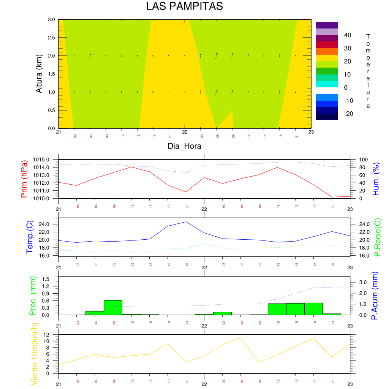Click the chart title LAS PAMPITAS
click(184, 6)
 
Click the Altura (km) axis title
click(39, 74)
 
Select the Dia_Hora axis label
click(184, 146)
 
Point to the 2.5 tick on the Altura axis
click(51, 38)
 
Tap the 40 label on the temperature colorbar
click(347, 35)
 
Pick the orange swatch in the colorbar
click(327, 51)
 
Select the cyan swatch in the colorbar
click(327, 84)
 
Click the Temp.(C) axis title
click(30, 237)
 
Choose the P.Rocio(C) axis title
click(377, 237)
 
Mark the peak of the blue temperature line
click(186, 222)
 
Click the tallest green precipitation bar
click(113, 307)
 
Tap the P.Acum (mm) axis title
click(375, 296)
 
